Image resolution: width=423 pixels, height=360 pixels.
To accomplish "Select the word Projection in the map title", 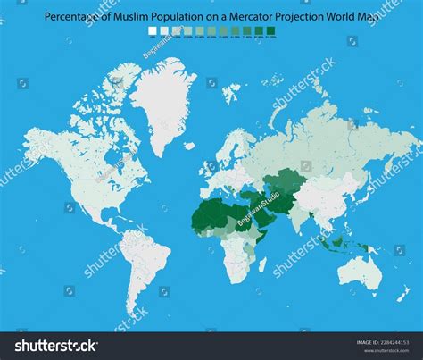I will coord(306,15).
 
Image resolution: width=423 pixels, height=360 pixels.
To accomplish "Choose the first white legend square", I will coord(152,31).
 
